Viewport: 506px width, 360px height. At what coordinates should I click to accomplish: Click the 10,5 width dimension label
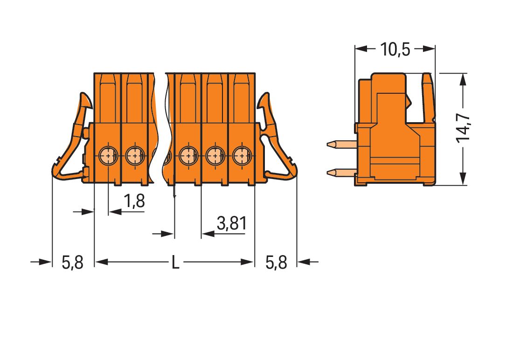tap(395, 48)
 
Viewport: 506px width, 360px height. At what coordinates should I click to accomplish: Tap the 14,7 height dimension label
tap(463, 128)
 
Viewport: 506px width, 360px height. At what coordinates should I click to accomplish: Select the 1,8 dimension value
tap(134, 201)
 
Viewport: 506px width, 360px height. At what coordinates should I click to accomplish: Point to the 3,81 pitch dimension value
tap(231, 224)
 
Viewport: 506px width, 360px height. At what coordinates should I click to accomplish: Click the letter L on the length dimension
tap(175, 263)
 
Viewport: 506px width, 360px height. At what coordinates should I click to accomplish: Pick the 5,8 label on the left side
tap(72, 263)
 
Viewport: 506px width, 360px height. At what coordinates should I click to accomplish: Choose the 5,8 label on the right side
tap(276, 263)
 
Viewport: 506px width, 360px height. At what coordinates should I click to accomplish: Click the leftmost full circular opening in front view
tap(108, 154)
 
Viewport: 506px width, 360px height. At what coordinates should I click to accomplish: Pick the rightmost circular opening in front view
tap(241, 154)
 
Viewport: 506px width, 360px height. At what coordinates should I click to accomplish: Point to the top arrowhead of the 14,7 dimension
tap(463, 80)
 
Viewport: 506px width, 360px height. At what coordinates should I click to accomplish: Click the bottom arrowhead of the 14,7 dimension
tap(463, 179)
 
